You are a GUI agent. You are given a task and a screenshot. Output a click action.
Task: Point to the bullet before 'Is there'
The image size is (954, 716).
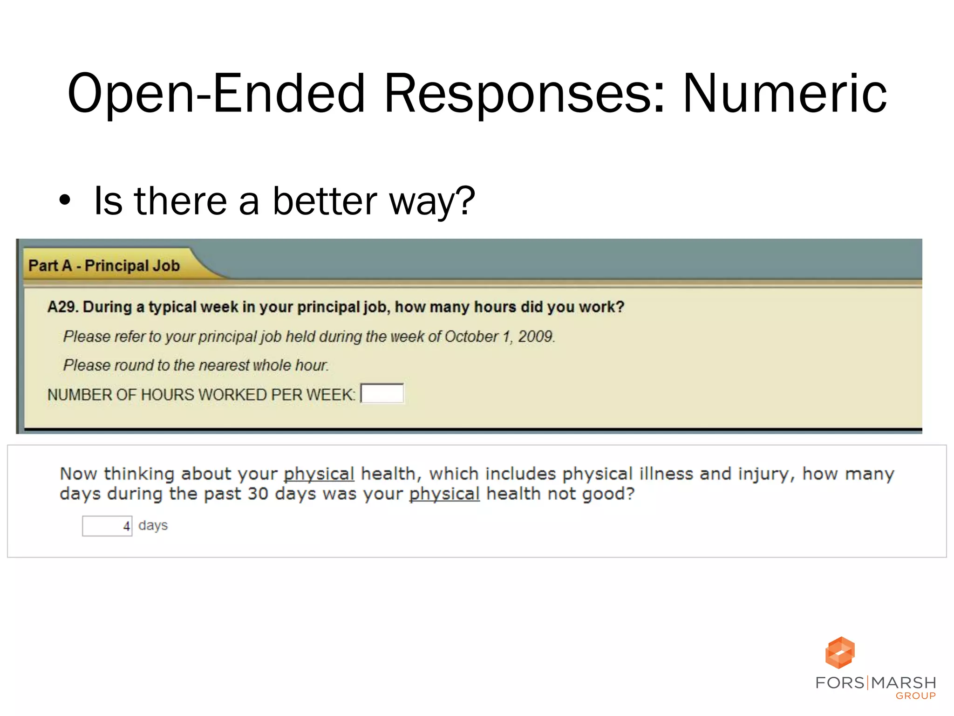click(x=65, y=201)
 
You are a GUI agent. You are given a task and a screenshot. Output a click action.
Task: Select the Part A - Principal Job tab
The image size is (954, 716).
click(x=104, y=265)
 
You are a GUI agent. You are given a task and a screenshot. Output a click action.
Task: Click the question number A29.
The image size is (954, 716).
click(x=63, y=307)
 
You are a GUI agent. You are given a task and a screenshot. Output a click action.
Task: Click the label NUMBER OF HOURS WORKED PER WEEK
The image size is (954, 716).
click(x=201, y=395)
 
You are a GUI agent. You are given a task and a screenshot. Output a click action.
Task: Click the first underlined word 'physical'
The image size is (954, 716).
click(x=319, y=474)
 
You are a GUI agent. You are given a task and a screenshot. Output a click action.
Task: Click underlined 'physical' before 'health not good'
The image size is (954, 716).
click(x=444, y=494)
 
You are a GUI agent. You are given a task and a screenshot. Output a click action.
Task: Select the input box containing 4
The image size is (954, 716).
click(x=107, y=526)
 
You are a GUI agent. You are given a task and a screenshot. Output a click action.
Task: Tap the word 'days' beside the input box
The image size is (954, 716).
click(x=153, y=525)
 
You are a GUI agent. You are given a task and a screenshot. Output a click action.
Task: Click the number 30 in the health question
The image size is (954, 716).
click(x=258, y=494)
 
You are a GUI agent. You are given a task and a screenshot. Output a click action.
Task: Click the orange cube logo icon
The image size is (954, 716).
click(x=840, y=652)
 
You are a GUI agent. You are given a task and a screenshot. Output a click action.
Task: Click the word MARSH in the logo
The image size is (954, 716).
click(x=903, y=683)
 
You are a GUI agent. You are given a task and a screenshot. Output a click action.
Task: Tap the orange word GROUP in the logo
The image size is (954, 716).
click(x=915, y=696)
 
